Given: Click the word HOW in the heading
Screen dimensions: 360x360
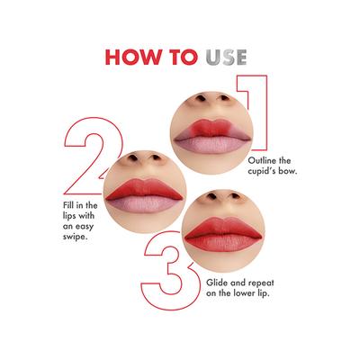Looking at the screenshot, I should (137, 56).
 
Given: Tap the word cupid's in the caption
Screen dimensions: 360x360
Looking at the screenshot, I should (258, 170).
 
